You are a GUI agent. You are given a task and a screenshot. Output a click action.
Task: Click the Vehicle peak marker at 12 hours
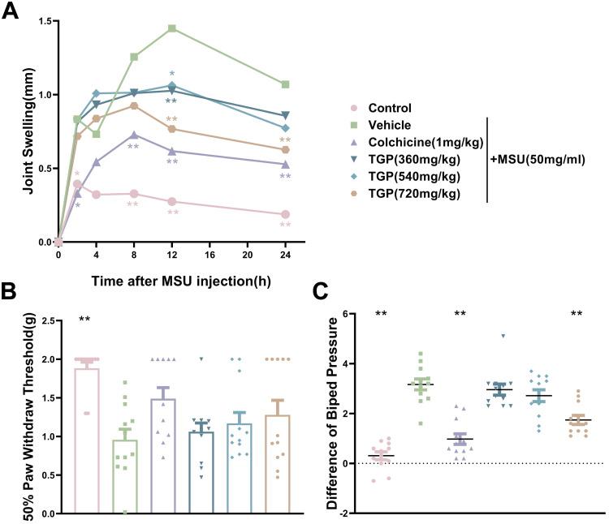coord(172,28)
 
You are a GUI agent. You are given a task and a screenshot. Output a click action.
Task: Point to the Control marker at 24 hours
coord(285,215)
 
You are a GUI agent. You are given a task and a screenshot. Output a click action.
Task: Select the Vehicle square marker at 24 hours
coord(285,84)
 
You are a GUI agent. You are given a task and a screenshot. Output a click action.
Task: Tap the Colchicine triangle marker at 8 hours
coord(134,135)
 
